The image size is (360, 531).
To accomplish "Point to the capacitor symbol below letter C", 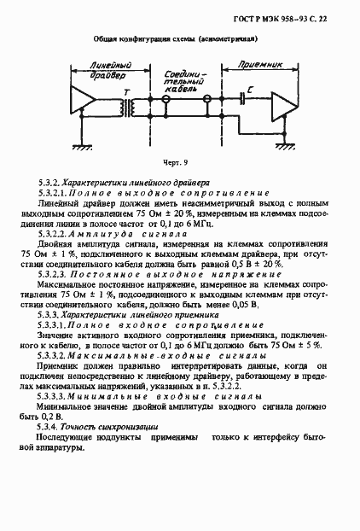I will (246, 100).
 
